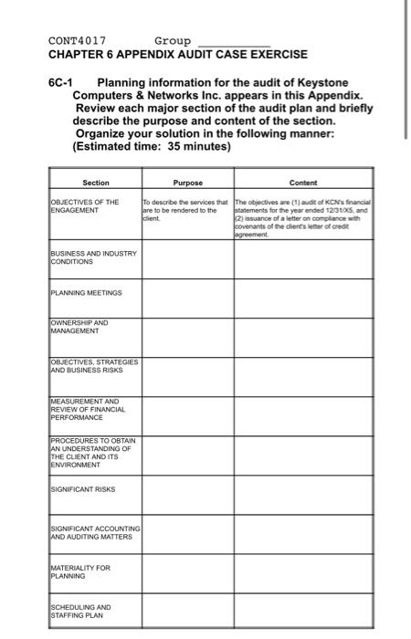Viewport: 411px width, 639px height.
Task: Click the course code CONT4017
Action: coord(77,41)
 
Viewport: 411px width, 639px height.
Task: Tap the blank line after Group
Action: coord(234,43)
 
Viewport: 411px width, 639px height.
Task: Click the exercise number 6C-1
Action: coord(62,82)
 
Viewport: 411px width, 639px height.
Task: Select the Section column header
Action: coord(95,183)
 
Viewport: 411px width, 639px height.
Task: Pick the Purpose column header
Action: coord(186,183)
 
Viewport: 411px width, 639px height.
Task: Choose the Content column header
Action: coord(302,183)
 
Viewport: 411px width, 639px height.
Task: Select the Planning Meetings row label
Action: coord(85,293)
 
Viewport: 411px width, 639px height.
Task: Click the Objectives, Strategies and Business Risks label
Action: coord(94,367)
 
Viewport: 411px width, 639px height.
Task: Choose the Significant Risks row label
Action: coord(83,490)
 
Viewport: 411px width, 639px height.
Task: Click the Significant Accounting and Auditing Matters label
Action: coord(95,533)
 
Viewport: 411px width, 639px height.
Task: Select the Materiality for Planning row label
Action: coord(82,572)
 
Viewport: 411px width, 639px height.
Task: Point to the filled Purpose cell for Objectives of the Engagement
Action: coord(186,210)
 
